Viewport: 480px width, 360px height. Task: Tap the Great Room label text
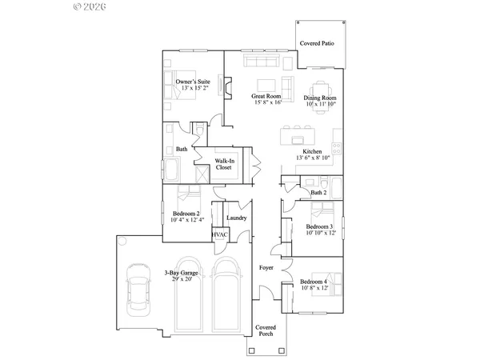tap(266, 97)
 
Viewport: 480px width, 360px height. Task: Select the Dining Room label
tap(319, 97)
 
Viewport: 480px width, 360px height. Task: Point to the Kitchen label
tap(313, 151)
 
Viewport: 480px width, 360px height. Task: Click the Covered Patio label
tap(317, 42)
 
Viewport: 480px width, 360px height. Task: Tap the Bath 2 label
tap(318, 192)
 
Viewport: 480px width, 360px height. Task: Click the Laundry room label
tap(236, 218)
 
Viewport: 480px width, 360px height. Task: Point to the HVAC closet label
tap(221, 234)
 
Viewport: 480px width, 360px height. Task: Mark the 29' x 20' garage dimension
tap(182, 279)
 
